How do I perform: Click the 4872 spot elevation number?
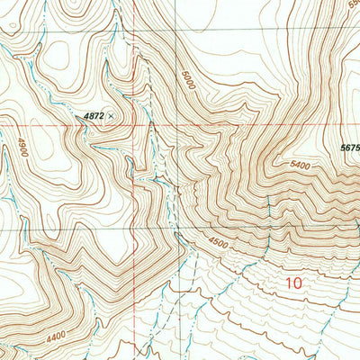[94, 116]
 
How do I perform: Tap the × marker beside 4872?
[112, 116]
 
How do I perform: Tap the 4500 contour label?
[218, 241]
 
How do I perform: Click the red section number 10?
[292, 283]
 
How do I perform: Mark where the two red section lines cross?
[136, 124]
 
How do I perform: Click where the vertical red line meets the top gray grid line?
[136, 38]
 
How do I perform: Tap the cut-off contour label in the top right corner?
[351, 4]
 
